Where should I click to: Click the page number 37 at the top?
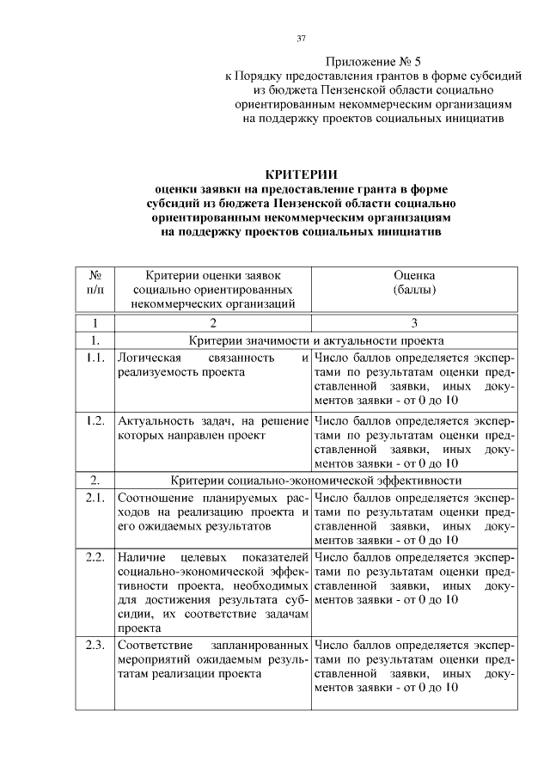pyautogui.click(x=301, y=39)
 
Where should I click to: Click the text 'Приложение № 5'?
pyautogui.click(x=375, y=63)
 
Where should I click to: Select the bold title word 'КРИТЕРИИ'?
pyautogui.click(x=301, y=175)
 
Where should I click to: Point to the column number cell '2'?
pyautogui.click(x=212, y=323)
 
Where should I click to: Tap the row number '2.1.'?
pyautogui.click(x=95, y=498)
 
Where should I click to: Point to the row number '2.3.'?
pyautogui.click(x=95, y=643)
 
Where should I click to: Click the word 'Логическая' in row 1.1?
pyautogui.click(x=148, y=358)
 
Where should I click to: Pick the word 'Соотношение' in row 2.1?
pyautogui.click(x=156, y=498)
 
